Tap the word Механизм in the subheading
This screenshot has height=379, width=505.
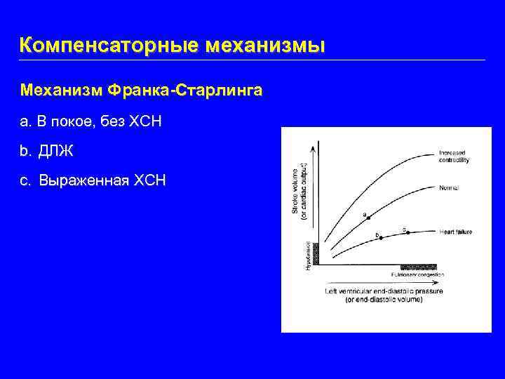tap(62, 91)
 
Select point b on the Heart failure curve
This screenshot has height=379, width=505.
tap(381, 238)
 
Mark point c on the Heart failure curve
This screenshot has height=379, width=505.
tap(408, 232)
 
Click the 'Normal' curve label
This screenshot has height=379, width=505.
tap(449, 187)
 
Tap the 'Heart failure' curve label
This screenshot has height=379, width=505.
tap(455, 232)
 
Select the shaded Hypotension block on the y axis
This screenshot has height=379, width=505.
tap(315, 253)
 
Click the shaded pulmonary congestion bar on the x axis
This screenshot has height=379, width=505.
tap(418, 267)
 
